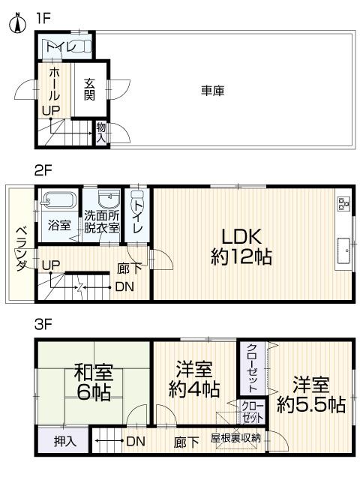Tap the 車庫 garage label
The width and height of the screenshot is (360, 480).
(212, 91)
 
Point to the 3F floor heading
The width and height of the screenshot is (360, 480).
(42, 325)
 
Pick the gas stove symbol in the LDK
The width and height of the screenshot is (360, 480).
(343, 202)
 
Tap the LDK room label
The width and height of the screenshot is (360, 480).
(240, 234)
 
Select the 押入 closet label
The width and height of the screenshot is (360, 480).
(65, 441)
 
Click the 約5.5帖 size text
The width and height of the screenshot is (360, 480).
(310, 405)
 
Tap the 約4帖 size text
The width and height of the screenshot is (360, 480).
(193, 389)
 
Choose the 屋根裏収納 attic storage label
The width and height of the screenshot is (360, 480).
(235, 437)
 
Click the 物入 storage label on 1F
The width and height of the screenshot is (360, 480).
(101, 133)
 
